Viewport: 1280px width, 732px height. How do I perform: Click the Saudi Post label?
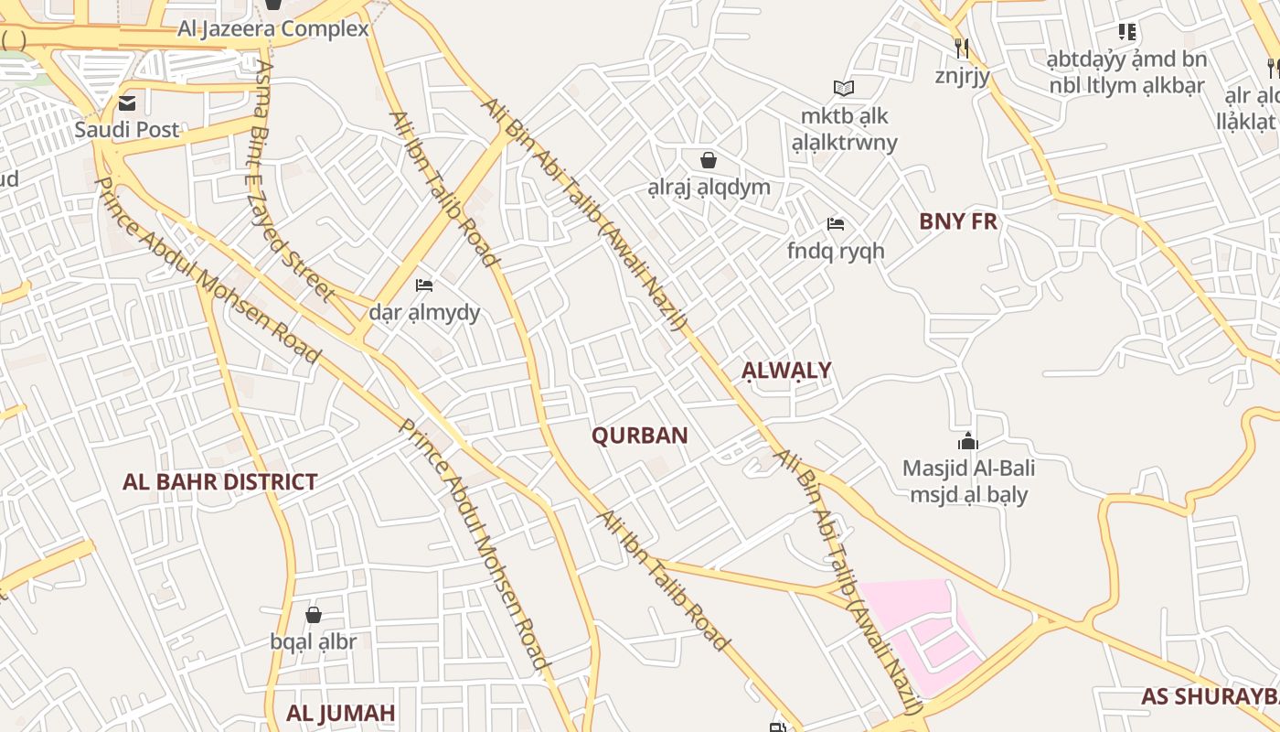[x=127, y=130]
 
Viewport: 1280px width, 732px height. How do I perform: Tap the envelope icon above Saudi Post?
[x=127, y=102]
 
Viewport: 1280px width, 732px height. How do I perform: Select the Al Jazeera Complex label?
[x=273, y=29]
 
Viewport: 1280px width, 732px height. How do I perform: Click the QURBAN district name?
[x=639, y=436]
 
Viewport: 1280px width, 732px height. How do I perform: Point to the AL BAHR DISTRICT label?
[x=219, y=482]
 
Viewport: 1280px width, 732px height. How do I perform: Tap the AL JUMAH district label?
[x=341, y=713]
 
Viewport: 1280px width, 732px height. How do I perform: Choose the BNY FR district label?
[x=958, y=221]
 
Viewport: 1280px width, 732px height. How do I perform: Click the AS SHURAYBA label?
[x=1209, y=696]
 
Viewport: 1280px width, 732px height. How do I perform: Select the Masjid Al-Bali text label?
[x=968, y=468]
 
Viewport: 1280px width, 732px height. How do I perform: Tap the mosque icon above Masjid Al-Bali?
[x=968, y=442]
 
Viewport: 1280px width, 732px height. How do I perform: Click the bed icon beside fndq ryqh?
[x=835, y=224]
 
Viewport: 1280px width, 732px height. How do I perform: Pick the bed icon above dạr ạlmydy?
[x=424, y=285]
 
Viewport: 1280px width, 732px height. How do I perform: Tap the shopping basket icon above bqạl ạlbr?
[x=314, y=614]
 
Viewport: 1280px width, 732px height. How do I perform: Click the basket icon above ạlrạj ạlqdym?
[x=709, y=160]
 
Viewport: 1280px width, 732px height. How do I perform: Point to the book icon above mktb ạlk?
[x=844, y=88]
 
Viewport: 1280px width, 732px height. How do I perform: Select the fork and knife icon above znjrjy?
[x=962, y=48]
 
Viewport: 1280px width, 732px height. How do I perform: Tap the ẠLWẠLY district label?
[x=786, y=371]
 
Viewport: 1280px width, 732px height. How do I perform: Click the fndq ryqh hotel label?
[x=836, y=250]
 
